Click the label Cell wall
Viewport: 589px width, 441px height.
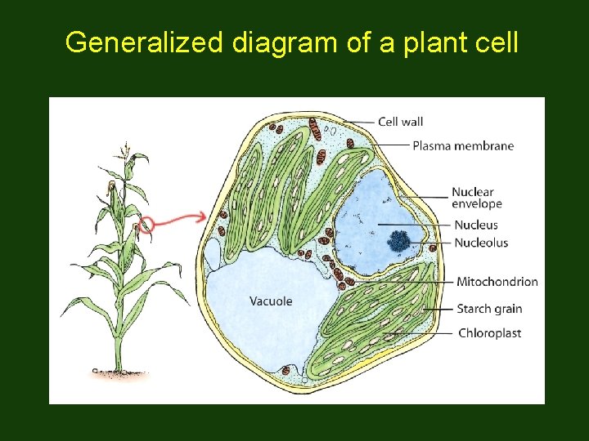400,122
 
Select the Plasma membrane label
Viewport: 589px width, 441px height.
463,146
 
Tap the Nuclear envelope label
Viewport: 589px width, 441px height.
476,198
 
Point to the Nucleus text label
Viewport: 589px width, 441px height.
475,225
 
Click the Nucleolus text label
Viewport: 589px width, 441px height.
481,243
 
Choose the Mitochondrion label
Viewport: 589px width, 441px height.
497,282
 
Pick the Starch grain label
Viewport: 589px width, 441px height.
489,309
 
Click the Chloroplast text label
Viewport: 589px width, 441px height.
489,333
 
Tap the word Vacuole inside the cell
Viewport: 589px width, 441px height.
271,301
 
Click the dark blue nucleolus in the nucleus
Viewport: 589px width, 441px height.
400,240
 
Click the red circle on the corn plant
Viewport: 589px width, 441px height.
146,224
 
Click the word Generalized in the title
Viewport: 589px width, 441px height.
144,42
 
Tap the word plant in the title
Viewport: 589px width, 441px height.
427,42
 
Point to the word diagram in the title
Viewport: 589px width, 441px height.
286,42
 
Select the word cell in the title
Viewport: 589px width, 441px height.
496,42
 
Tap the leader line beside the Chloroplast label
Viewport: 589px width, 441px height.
421,333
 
